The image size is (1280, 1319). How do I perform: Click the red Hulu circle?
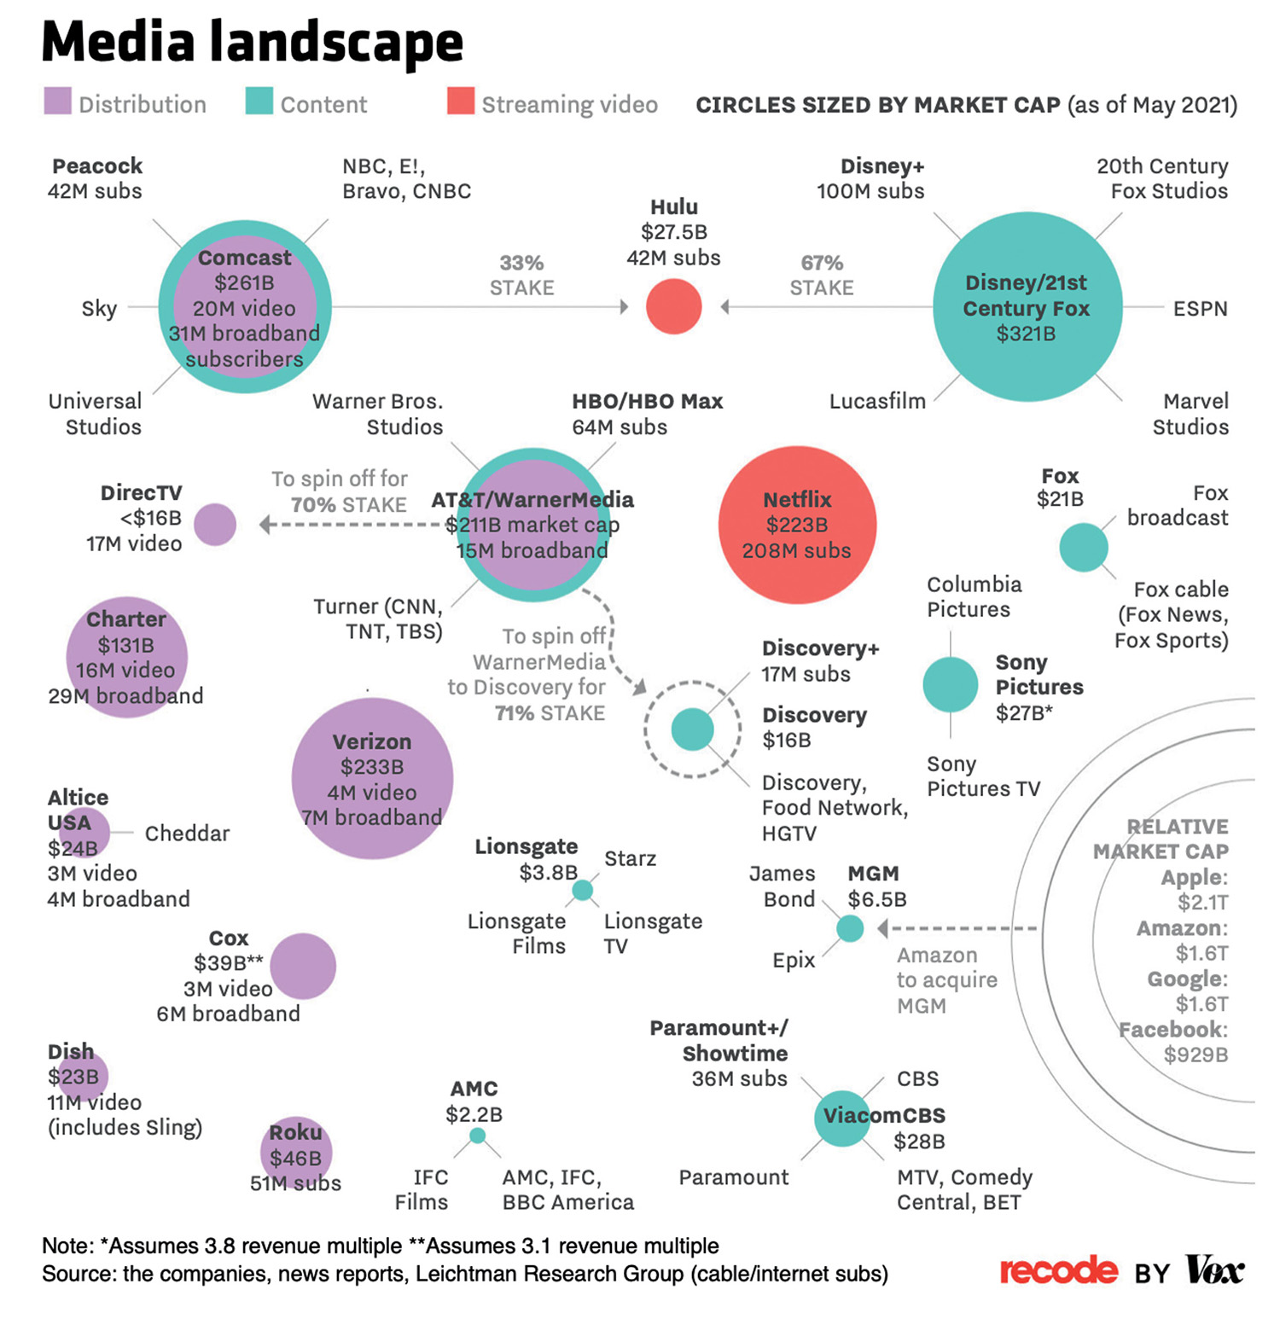point(673,306)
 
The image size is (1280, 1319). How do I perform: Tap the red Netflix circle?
point(797,525)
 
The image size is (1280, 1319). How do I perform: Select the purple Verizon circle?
point(372,778)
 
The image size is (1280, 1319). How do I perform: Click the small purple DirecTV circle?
point(215,524)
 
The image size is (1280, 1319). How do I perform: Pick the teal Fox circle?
point(1084,548)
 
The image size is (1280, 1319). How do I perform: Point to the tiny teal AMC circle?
point(478,1136)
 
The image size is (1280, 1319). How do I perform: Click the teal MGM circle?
point(850,928)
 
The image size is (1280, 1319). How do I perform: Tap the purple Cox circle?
point(303,966)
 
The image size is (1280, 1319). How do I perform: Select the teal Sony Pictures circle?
point(951,684)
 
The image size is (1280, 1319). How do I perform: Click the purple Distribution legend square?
point(58,101)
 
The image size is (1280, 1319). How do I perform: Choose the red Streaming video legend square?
point(461,101)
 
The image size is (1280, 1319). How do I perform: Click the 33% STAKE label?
point(521,275)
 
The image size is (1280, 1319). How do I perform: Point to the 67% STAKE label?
point(821,275)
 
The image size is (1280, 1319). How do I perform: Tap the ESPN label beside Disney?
point(1200,308)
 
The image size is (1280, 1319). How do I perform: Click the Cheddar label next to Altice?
point(187,833)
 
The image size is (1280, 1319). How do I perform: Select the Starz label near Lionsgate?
point(630,858)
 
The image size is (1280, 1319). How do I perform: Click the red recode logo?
point(1058,1271)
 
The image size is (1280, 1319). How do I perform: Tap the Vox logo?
point(1215,1270)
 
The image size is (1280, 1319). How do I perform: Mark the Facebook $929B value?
point(1196,1055)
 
